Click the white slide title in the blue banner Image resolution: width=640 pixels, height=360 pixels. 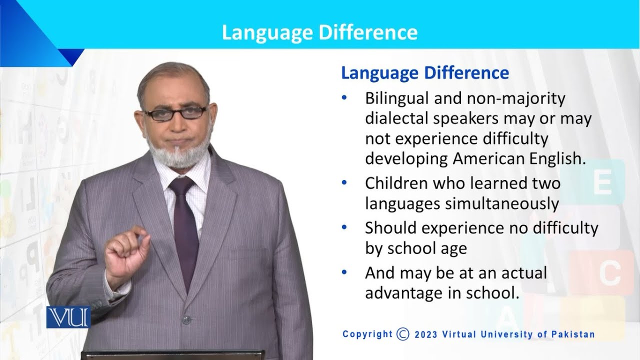(319, 32)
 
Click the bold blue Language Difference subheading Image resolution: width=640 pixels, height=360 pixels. (424, 73)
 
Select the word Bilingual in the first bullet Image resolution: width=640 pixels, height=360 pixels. (394, 98)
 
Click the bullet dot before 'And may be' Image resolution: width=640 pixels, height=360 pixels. (343, 272)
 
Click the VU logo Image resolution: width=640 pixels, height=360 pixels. (67, 317)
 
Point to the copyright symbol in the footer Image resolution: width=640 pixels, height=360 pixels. (402, 334)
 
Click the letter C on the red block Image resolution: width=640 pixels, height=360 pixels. (609, 272)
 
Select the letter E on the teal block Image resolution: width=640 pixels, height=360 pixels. (601, 184)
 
